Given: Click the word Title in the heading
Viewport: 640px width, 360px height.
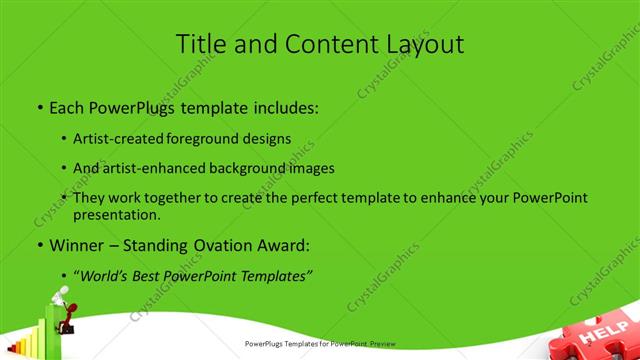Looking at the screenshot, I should pos(201,45).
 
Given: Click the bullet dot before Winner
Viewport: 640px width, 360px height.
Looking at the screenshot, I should pos(39,245).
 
